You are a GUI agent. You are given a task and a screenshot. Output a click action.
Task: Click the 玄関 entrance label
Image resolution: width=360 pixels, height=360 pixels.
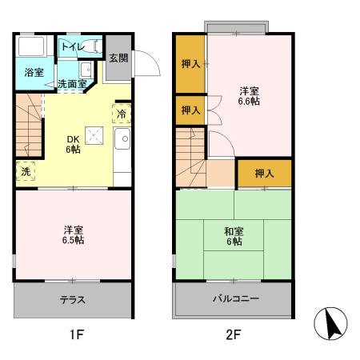click(x=117, y=57)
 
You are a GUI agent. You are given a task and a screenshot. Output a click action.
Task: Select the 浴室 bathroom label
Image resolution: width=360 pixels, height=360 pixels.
click(x=33, y=73)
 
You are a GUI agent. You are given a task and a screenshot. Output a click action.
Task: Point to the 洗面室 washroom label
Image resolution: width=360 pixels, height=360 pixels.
click(x=73, y=83)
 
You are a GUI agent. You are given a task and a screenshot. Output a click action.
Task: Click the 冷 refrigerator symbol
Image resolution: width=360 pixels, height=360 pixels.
click(x=121, y=114)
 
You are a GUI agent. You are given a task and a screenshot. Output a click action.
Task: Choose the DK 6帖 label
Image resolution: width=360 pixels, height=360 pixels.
click(x=73, y=144)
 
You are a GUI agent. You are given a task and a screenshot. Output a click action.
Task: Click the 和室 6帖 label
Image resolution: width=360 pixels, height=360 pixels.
click(x=234, y=237)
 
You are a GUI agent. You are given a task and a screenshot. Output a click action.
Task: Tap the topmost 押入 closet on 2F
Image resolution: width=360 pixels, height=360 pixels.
click(x=190, y=64)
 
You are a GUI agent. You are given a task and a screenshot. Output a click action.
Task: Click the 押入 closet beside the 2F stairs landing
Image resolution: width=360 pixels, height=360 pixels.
click(x=264, y=173)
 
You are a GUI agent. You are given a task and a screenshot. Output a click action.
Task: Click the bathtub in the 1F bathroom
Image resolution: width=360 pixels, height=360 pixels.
click(x=33, y=46)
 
